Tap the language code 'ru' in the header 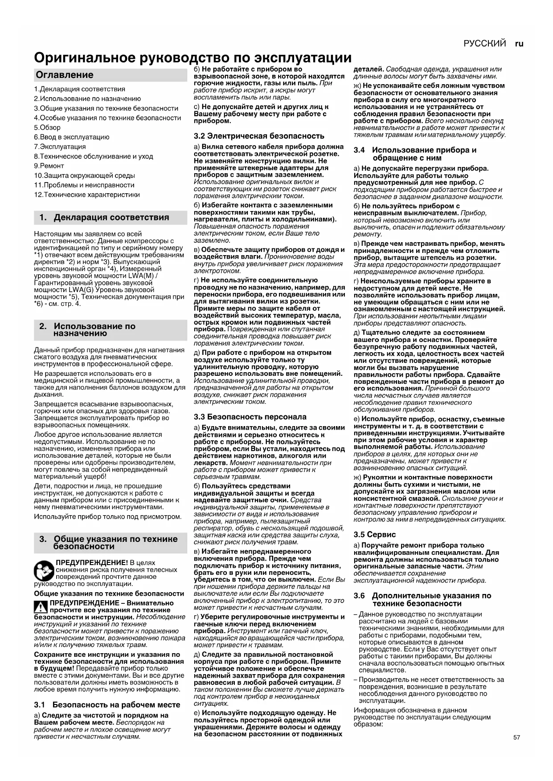click(519, 43)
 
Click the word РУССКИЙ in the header click(484, 43)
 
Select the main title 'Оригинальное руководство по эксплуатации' click(193, 58)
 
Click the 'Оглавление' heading click(65, 75)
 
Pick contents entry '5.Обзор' click(47, 127)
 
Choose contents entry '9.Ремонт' click(49, 166)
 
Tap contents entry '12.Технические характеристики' click(87, 195)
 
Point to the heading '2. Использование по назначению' click(94, 329)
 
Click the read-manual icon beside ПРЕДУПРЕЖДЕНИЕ click(44, 570)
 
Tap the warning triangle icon click(41, 607)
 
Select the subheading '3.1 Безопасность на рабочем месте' click(107, 704)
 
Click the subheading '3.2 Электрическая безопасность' click(259, 136)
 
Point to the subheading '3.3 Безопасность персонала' click(250, 417)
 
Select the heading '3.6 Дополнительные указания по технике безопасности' click(422, 599)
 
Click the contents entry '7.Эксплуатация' click(60, 146)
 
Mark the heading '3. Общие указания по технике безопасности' click(109, 542)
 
